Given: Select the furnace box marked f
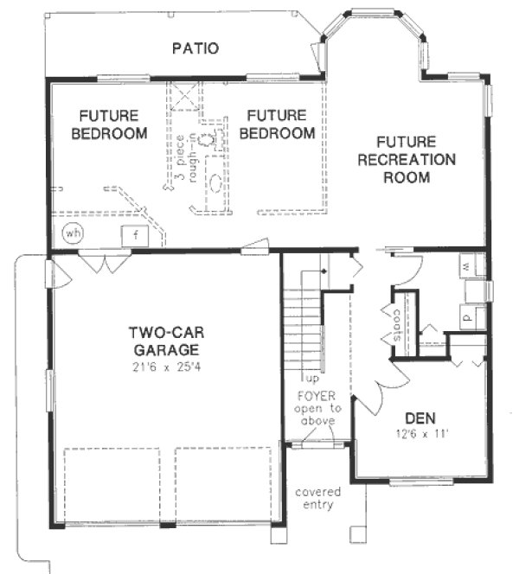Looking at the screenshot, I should (x=136, y=234).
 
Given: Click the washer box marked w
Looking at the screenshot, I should (x=465, y=265).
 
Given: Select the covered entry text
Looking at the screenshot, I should (x=317, y=498).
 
